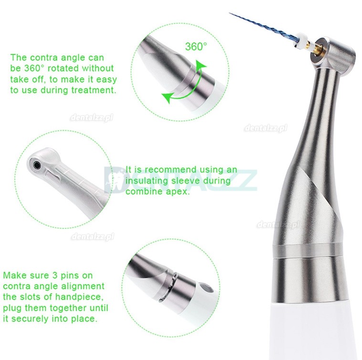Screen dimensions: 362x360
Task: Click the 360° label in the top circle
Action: coord(196,47)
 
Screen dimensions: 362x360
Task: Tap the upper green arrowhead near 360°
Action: coord(200,65)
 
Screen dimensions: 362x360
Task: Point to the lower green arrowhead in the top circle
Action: coord(167,96)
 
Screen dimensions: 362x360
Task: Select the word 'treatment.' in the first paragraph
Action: coord(93,90)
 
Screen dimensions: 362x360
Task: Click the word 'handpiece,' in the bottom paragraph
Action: coord(79,297)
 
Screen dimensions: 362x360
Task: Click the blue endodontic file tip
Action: coord(231,13)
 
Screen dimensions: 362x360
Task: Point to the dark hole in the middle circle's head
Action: coord(36,165)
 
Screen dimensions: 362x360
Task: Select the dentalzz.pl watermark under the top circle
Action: coord(92,118)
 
